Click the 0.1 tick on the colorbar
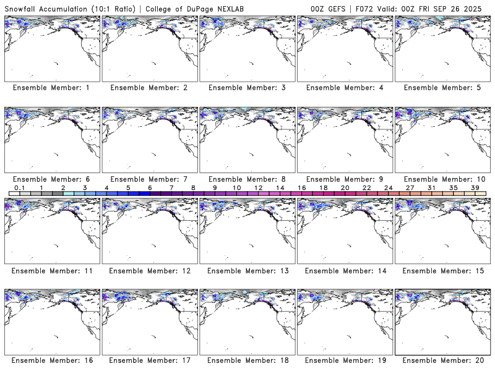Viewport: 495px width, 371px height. click(x=19, y=187)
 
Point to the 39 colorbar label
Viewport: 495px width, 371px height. click(x=475, y=187)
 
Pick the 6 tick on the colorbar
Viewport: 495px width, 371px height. click(x=150, y=187)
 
